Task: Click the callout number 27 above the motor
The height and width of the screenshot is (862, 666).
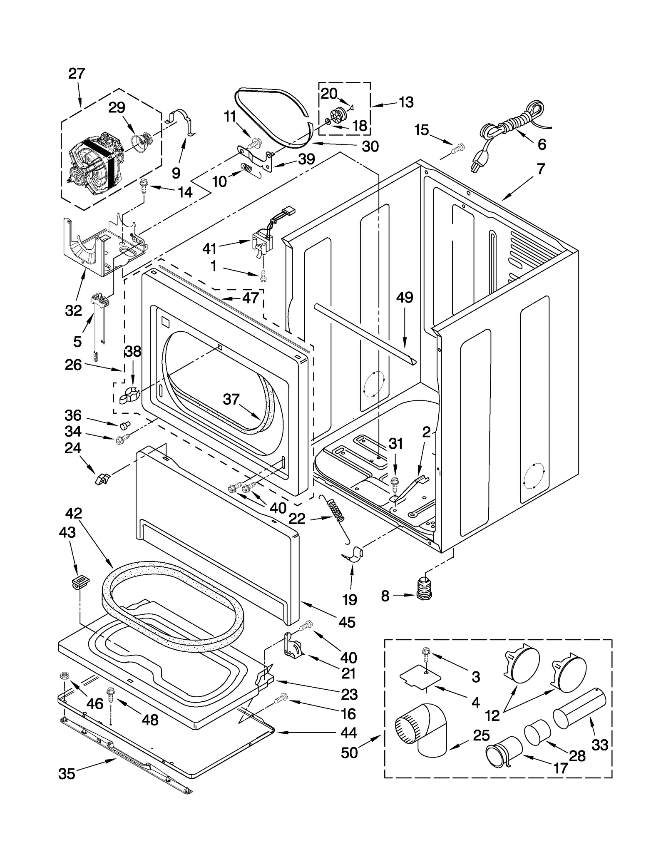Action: coord(77,74)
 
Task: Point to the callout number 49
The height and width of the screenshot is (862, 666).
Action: coord(404,298)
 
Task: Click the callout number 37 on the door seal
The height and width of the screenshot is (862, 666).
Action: coord(231,400)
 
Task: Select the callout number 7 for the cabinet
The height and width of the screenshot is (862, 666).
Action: coord(541,169)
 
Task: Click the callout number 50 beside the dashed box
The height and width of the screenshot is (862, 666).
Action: coord(349,753)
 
